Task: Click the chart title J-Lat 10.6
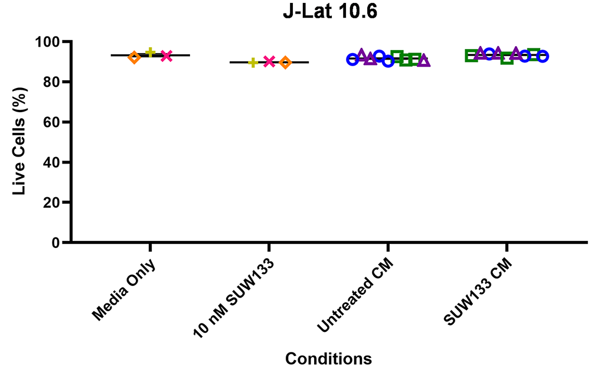(x=328, y=13)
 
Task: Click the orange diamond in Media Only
(x=135, y=57)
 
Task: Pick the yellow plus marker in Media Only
(x=151, y=53)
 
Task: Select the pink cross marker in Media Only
(x=166, y=56)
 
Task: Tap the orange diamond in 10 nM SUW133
(x=285, y=63)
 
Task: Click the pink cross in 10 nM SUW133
(x=269, y=61)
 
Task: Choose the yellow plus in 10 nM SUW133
(x=253, y=63)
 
